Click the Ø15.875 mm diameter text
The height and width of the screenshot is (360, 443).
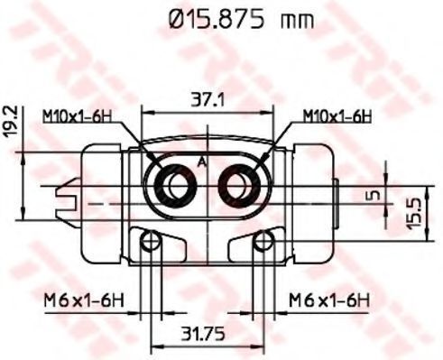(241, 20)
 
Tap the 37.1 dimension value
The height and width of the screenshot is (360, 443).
(208, 99)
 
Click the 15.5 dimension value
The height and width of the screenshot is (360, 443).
(413, 213)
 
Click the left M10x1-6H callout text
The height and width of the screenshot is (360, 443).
(77, 116)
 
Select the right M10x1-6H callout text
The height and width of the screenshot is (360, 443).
(337, 116)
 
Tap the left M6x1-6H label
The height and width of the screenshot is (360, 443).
(84, 300)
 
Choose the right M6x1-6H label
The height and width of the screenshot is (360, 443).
(329, 300)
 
